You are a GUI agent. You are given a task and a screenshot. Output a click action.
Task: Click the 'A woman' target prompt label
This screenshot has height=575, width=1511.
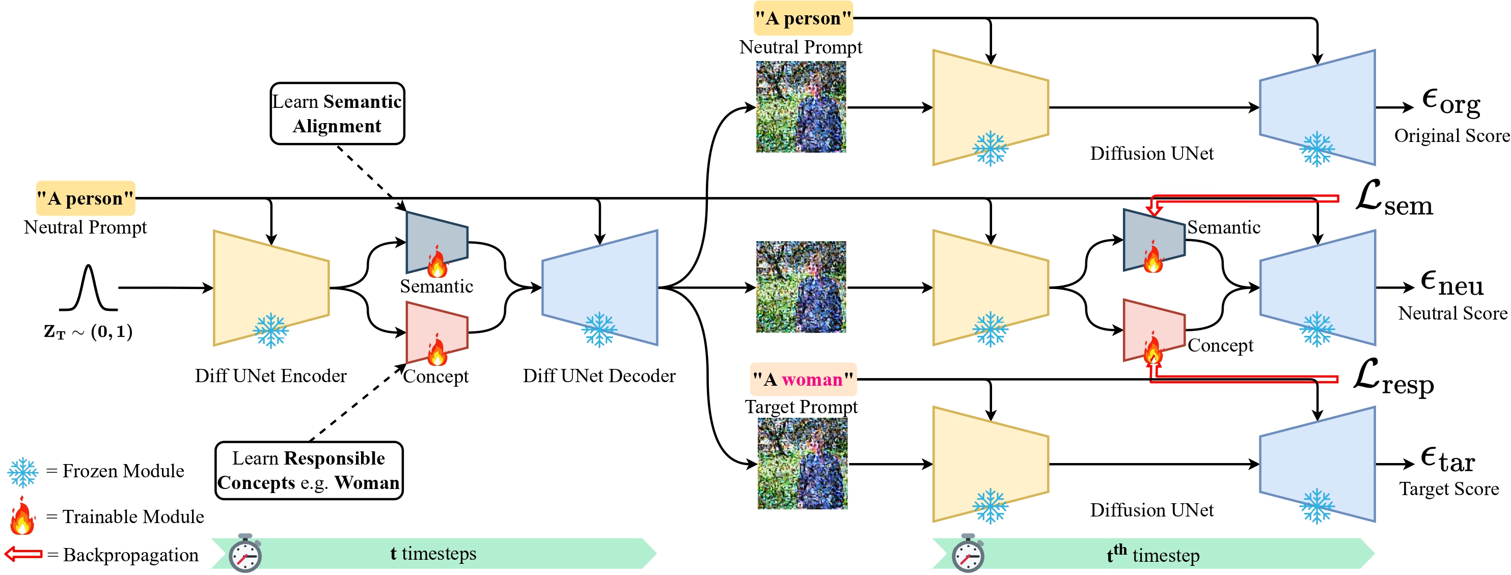803,379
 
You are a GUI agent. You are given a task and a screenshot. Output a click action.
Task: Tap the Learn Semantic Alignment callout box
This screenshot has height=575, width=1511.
337,113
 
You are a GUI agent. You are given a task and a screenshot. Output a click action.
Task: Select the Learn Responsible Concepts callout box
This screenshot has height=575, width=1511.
309,470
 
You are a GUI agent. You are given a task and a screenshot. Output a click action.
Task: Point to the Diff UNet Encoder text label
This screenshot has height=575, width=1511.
270,375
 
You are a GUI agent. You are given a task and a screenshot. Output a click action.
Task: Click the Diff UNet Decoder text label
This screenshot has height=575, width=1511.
599,375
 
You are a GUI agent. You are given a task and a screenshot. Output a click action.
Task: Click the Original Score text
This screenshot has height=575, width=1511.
1451,135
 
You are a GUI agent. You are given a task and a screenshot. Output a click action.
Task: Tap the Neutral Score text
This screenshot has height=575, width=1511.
1452,313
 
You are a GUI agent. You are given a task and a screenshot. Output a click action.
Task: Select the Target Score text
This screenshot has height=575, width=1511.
1449,488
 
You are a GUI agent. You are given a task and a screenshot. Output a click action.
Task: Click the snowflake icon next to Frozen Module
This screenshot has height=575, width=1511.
23,472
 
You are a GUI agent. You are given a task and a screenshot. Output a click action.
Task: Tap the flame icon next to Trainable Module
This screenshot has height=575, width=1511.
22,516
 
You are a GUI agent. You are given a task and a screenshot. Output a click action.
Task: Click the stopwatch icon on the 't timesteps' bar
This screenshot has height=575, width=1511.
244,553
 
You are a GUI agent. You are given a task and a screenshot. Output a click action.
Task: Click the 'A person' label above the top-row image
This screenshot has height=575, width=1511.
803,18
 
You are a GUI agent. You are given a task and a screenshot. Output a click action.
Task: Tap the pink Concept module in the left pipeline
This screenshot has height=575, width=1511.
437,332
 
